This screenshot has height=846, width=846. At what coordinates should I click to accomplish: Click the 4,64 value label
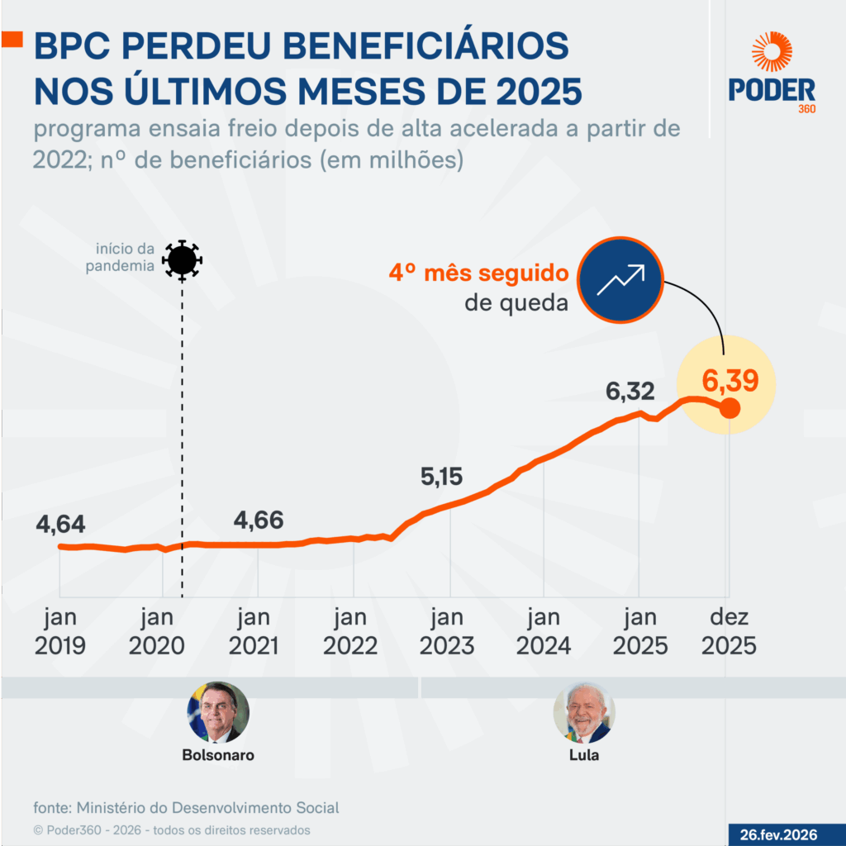coord(60,525)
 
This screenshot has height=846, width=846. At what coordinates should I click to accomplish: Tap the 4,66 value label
coord(259,520)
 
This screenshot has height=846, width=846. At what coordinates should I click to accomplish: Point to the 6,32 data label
coord(630,392)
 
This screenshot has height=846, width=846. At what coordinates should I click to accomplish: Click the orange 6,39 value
coord(730,382)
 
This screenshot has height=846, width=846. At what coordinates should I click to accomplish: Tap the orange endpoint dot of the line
coord(730,407)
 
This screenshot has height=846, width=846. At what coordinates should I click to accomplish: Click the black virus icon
coord(182,260)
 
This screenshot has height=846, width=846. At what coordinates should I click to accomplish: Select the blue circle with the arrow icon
coord(620,279)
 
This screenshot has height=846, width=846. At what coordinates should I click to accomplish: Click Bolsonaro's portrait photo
coord(218,712)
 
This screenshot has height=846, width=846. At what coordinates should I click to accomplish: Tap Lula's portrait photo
coord(584,712)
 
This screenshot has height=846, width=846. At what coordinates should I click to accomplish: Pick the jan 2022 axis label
coord(350,631)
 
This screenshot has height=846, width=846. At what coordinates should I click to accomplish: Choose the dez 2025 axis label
coord(729,631)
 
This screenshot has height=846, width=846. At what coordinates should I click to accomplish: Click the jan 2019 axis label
coord(60,631)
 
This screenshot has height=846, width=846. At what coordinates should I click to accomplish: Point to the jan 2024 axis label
coord(543,631)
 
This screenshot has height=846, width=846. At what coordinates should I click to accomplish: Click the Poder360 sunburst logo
coord(772,52)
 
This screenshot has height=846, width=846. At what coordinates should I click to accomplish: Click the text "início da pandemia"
coord(124,257)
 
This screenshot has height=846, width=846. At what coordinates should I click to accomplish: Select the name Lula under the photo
coord(584,755)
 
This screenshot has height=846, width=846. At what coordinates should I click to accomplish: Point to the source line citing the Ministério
coord(186,808)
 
